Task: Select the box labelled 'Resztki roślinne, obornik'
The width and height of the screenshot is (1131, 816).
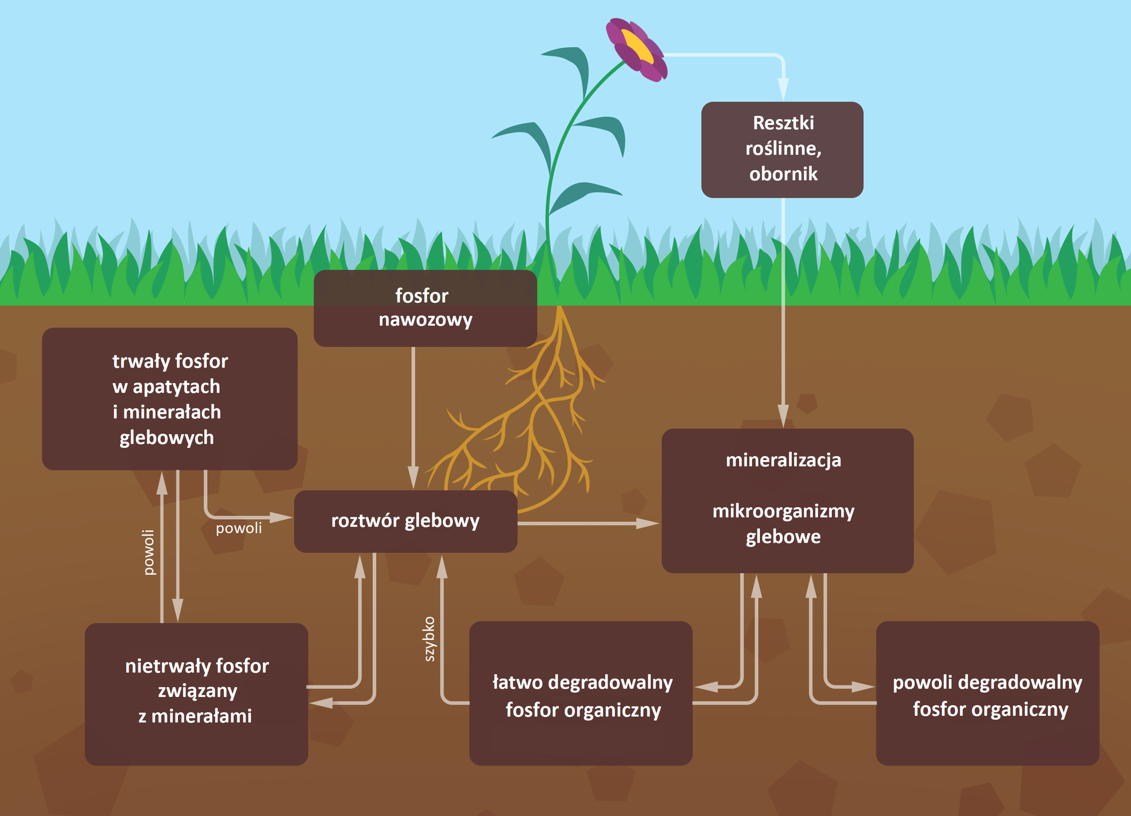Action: click(782, 150)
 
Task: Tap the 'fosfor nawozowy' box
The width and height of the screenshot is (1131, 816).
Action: click(425, 308)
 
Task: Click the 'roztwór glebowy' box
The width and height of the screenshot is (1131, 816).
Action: click(405, 521)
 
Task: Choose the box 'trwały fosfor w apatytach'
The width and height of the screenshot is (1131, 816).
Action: click(170, 399)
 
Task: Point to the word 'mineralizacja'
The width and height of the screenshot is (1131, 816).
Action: click(783, 460)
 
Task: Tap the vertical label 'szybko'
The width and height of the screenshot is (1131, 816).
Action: click(429, 639)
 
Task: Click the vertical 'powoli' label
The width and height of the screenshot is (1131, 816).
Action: click(149, 552)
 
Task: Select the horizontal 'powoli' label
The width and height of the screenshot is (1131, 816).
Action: click(239, 528)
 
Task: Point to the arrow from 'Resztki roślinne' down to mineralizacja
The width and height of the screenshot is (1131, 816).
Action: click(783, 306)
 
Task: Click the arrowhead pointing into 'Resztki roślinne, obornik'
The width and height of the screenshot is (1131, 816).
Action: click(783, 88)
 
